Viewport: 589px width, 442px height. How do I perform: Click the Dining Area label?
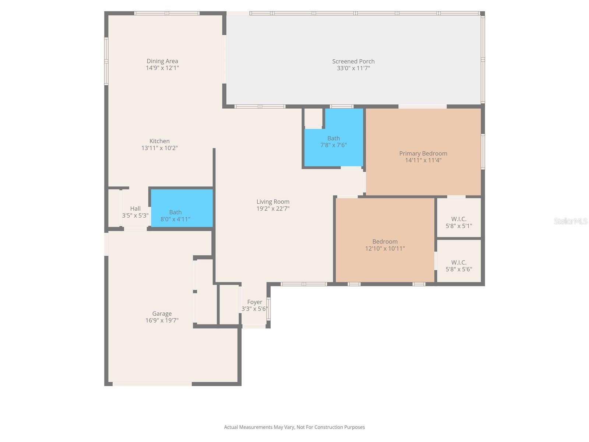(x=162, y=61)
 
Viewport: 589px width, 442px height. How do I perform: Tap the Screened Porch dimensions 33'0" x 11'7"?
(x=353, y=68)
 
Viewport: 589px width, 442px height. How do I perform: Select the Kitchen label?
(x=159, y=141)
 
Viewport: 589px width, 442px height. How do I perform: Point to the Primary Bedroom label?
(x=423, y=153)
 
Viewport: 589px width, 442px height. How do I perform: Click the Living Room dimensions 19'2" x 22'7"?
(x=273, y=208)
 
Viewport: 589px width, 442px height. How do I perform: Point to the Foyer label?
(x=254, y=302)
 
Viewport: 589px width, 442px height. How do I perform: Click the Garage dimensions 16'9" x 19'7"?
(x=162, y=320)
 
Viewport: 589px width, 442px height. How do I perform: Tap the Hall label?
(x=135, y=208)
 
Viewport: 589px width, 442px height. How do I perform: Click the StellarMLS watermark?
(x=570, y=221)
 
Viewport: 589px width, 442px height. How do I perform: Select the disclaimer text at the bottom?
(x=294, y=427)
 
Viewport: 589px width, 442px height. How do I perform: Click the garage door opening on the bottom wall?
(x=152, y=384)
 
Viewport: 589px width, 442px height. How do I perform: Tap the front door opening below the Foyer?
(x=254, y=326)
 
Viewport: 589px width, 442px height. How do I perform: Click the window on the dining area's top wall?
(x=167, y=13)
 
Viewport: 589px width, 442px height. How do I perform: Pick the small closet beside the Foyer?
(x=229, y=304)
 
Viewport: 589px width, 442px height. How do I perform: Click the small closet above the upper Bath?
(x=313, y=117)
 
